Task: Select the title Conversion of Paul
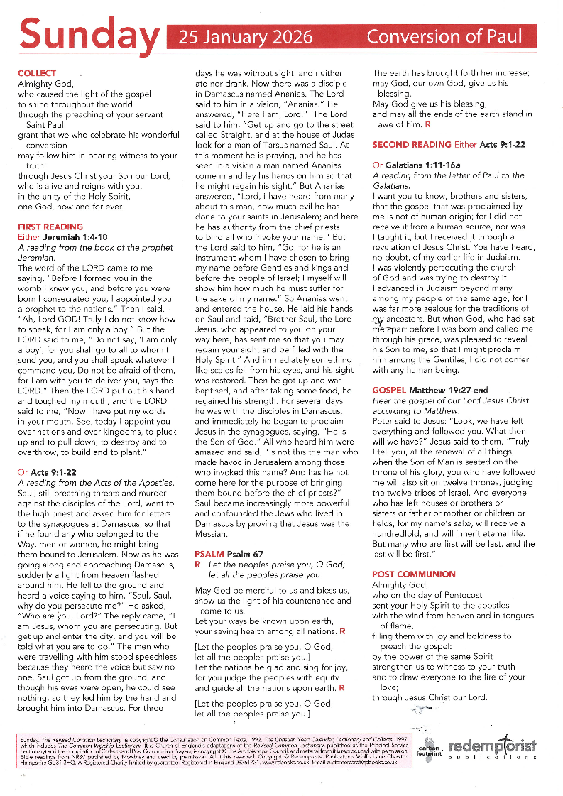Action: [444, 37]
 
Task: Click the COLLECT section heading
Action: [37, 73]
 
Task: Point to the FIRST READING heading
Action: [50, 227]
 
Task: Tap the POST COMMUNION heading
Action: [414, 574]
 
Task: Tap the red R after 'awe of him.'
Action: [427, 124]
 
